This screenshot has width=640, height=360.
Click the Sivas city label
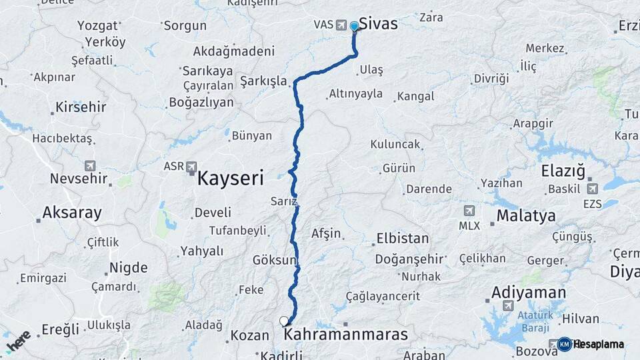[x=378, y=24]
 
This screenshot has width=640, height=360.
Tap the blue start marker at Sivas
[x=354, y=27]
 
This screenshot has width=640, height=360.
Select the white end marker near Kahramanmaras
[x=284, y=321]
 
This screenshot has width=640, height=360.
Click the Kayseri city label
[x=231, y=178]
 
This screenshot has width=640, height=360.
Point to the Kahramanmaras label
[x=345, y=334]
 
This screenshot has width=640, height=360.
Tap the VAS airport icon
[x=342, y=25]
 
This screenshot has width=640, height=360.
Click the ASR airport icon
[x=192, y=166]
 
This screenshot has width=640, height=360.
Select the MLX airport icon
[x=469, y=211]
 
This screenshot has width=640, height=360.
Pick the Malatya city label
[x=526, y=216]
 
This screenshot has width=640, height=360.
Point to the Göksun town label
[x=273, y=260]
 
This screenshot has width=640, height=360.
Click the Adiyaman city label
[x=529, y=293]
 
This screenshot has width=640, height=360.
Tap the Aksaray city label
[x=72, y=213]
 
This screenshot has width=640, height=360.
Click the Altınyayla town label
[x=355, y=94]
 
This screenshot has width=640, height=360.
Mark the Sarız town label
[x=283, y=201]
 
